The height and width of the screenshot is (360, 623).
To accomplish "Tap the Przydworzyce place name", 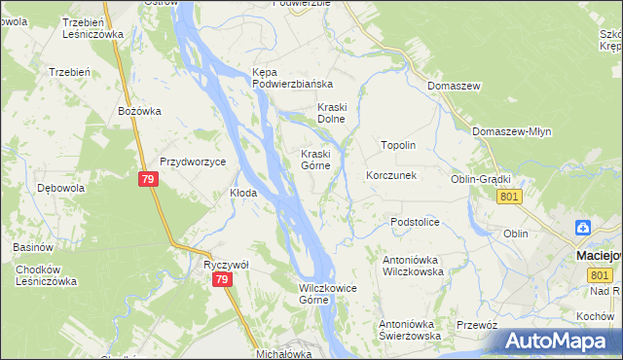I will click(193, 162).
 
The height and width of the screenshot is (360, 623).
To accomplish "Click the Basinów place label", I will click(33, 247).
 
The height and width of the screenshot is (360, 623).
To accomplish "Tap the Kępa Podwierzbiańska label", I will click(293, 78).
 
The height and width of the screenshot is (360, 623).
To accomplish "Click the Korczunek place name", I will click(391, 176).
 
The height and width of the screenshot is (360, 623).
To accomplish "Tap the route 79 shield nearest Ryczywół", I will click(223, 280).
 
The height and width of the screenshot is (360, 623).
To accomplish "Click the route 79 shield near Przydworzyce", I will click(148, 180).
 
